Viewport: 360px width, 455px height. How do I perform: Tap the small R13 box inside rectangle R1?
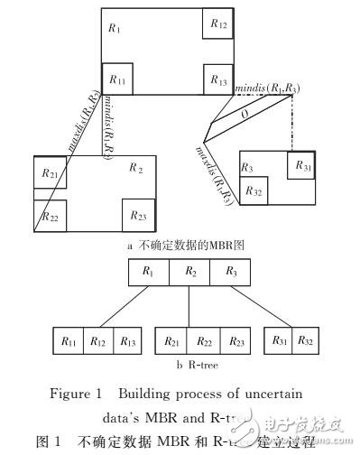tap(217, 79)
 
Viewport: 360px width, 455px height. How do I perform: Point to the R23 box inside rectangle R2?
tap(137, 214)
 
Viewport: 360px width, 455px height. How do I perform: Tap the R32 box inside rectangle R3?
tap(254, 191)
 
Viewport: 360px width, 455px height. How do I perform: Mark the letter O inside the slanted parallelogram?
tap(245, 116)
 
